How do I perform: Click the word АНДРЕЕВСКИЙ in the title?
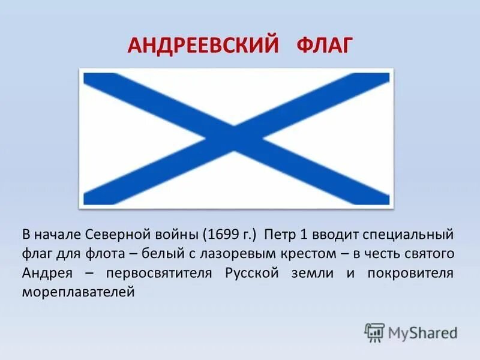click(x=204, y=46)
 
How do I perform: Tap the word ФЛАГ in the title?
click(x=323, y=46)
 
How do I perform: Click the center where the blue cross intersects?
click(x=237, y=139)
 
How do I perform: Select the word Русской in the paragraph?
click(x=252, y=273)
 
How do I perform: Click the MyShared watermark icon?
click(x=374, y=332)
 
